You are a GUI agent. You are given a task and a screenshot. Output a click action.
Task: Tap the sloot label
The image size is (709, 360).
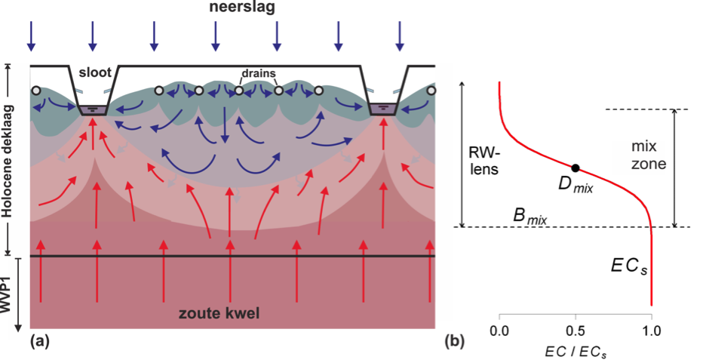94,72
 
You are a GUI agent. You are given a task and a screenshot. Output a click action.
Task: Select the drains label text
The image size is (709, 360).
258,72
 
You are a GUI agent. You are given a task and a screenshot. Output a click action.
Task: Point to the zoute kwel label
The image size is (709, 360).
219,313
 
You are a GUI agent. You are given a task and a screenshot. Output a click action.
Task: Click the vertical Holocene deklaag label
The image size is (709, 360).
8,161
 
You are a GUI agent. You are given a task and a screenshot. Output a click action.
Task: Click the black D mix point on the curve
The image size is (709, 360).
575,168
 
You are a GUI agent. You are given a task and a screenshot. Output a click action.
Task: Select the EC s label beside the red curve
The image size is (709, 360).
628,266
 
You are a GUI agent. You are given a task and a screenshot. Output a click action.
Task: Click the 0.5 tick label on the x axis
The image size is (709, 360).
575,331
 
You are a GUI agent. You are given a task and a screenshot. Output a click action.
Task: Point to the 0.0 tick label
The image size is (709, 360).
499,331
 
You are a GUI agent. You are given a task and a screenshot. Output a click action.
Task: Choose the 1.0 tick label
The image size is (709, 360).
651,331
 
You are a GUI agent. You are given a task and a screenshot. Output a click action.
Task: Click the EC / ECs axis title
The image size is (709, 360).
575,350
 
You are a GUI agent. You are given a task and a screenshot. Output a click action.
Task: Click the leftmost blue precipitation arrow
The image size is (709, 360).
30,35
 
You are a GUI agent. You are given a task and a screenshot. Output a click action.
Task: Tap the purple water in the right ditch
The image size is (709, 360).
383,109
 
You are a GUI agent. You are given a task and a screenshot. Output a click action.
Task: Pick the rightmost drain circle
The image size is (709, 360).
431,91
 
